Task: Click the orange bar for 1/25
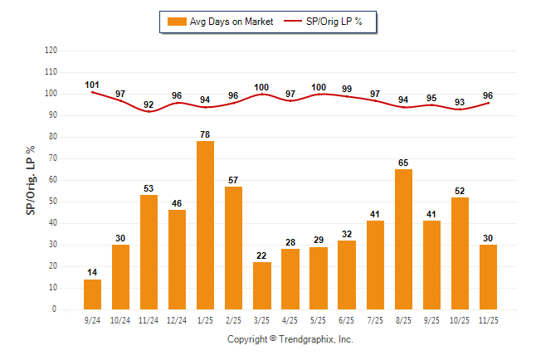click(x=205, y=225)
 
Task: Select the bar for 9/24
click(x=92, y=294)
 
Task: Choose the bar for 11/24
click(x=149, y=252)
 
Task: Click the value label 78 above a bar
click(x=205, y=134)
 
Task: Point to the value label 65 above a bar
click(x=403, y=163)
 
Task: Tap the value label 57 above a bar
click(x=234, y=180)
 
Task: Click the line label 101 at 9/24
click(x=92, y=85)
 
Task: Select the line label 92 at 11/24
click(x=149, y=105)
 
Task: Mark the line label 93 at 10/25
click(x=460, y=102)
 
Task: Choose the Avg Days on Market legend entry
click(x=221, y=21)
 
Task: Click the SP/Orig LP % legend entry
click(x=324, y=21)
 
